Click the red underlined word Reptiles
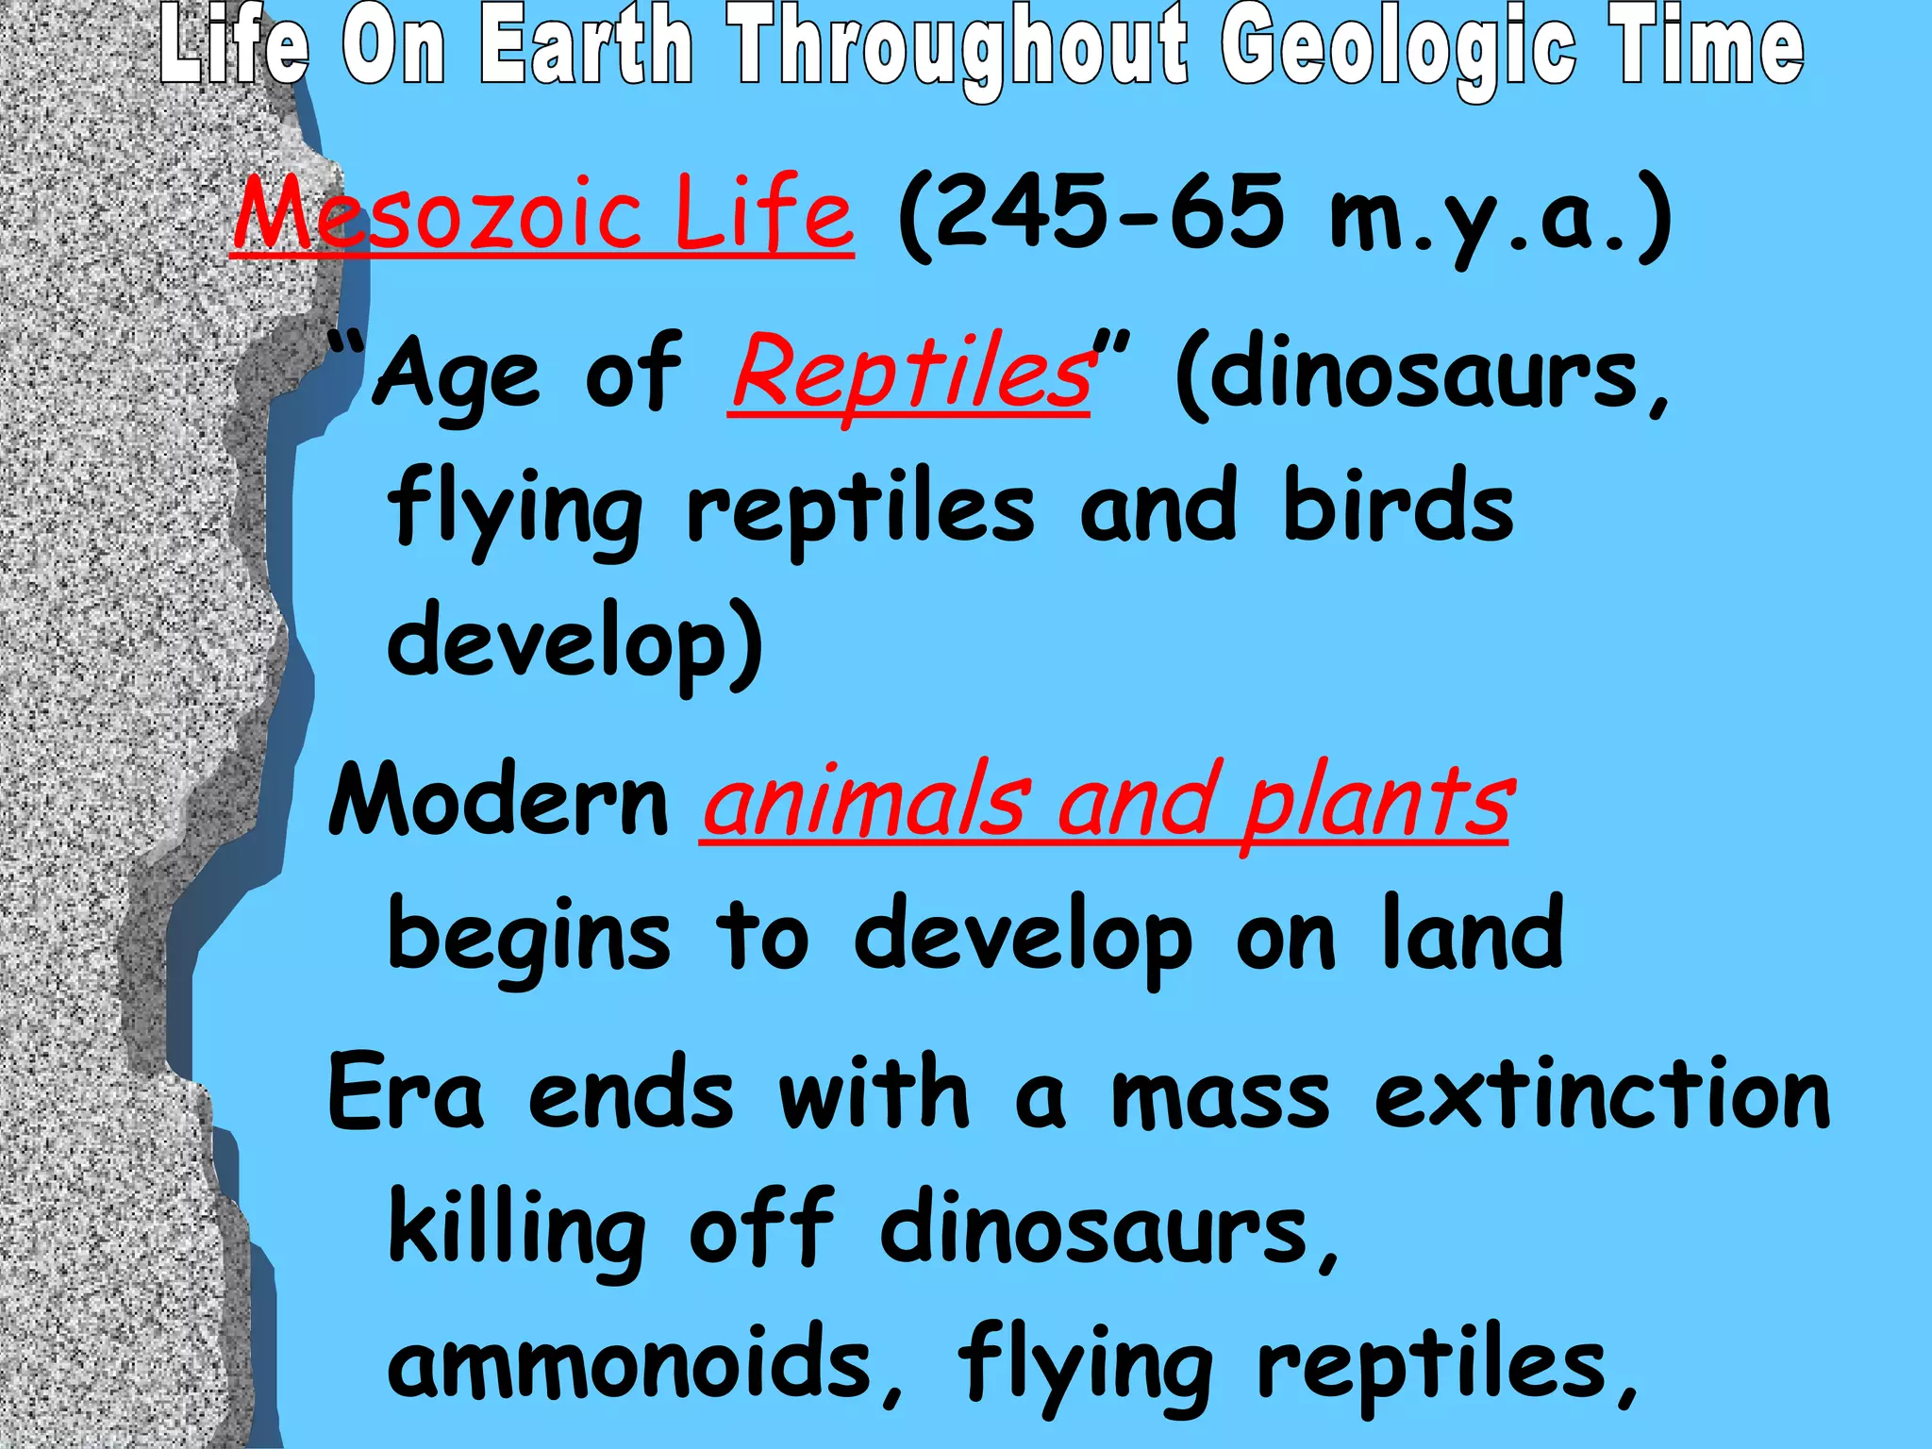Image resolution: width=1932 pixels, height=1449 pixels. tap(909, 372)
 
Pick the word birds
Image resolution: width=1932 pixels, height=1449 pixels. tap(1397, 506)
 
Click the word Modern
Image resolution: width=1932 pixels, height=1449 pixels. tap(498, 800)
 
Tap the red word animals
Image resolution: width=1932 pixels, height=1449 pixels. tap(864, 802)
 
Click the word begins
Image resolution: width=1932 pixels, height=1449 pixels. tap(529, 936)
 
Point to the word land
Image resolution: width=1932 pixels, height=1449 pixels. tap(1473, 932)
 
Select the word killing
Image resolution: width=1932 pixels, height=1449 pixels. tap(517, 1230)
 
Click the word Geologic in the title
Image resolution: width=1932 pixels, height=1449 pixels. tap(1397, 47)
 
